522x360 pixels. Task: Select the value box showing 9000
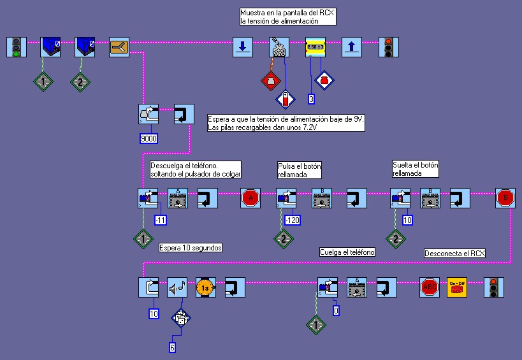(149, 138)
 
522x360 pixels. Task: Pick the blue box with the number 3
(311, 99)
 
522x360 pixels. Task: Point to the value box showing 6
(172, 347)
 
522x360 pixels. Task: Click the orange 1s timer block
(205, 287)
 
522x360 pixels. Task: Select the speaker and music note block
(177, 287)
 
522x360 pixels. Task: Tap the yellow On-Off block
(457, 287)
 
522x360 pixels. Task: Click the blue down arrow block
(242, 47)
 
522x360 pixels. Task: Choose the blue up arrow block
(352, 47)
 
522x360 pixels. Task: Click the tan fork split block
(119, 47)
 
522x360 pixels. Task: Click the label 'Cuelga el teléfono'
(347, 252)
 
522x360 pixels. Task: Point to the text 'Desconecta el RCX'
(454, 254)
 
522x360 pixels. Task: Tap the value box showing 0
(336, 310)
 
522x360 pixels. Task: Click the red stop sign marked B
(505, 198)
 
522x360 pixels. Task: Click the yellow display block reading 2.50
(315, 47)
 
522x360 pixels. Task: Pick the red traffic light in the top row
(387, 47)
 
